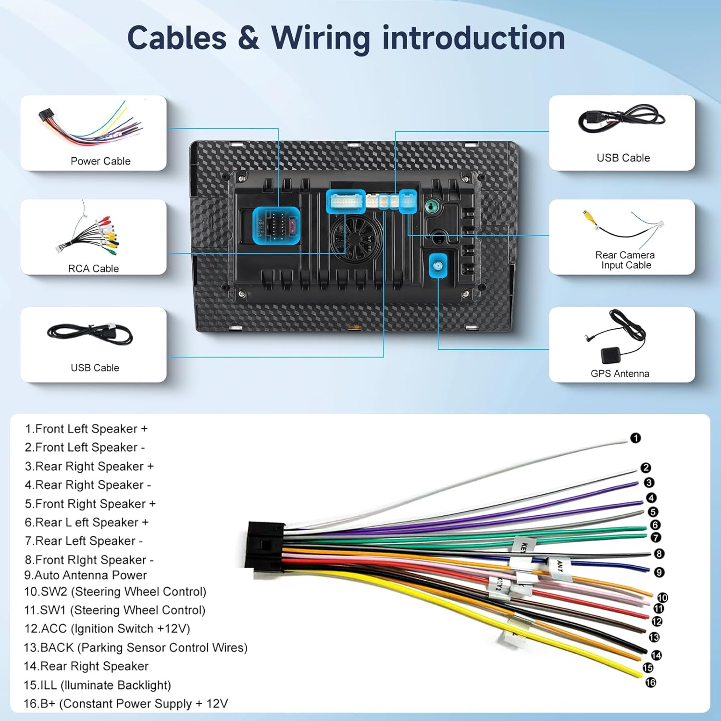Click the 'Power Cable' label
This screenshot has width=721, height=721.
pyautogui.click(x=100, y=161)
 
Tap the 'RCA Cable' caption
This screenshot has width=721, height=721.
pyautogui.click(x=93, y=268)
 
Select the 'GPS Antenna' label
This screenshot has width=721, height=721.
pyautogui.click(x=620, y=373)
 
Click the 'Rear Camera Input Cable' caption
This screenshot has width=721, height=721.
pyautogui.click(x=625, y=260)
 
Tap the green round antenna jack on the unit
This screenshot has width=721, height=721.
pyautogui.click(x=432, y=207)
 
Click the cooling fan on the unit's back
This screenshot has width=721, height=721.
pyautogui.click(x=356, y=238)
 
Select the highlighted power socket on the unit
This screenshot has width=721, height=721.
pyautogui.click(x=276, y=225)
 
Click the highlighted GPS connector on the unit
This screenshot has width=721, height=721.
pyautogui.click(x=438, y=266)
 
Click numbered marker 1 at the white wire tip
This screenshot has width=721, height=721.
pyautogui.click(x=635, y=438)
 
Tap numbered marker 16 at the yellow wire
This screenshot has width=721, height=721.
pyautogui.click(x=651, y=683)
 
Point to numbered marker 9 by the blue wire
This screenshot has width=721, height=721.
pyautogui.click(x=659, y=572)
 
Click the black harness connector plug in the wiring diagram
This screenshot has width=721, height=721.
pyautogui.click(x=264, y=546)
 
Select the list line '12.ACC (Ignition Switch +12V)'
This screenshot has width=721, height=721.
pyautogui.click(x=107, y=629)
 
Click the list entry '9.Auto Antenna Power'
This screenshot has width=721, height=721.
pyautogui.click(x=86, y=575)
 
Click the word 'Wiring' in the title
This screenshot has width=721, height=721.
pyautogui.click(x=321, y=38)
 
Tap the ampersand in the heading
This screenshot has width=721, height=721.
pyautogui.click(x=248, y=38)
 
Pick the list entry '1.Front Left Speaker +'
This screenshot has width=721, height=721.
pyautogui.click(x=87, y=429)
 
